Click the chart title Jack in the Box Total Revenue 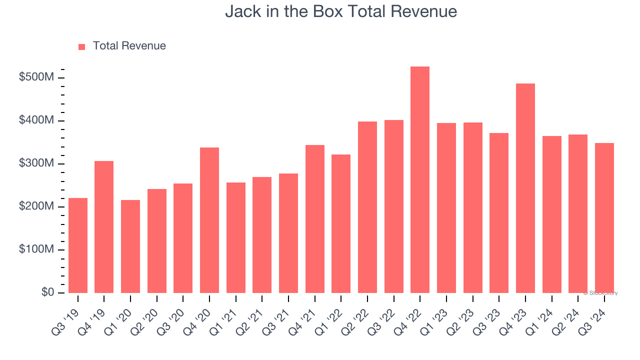(x=341, y=11)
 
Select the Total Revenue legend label (x=129, y=46)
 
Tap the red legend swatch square (x=82, y=46)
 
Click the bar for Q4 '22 (x=420, y=180)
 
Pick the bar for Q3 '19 (x=78, y=245)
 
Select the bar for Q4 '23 (x=525, y=188)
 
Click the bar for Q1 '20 (x=130, y=246)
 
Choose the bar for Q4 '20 (x=209, y=220)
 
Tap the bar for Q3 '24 (x=604, y=218)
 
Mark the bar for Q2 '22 (x=367, y=207)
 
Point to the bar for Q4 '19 (x=104, y=227)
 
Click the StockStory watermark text (x=600, y=293)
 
